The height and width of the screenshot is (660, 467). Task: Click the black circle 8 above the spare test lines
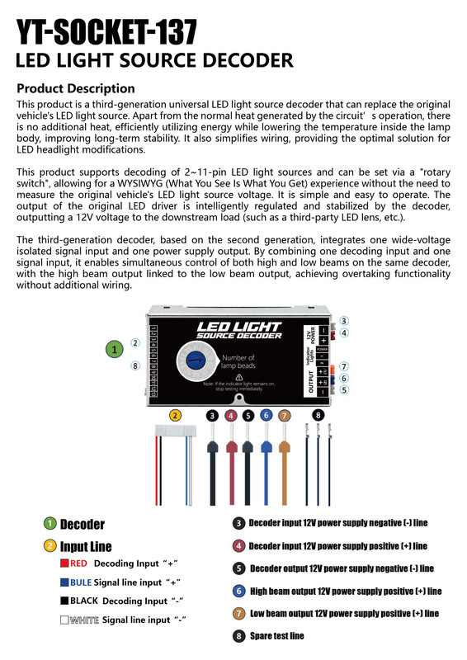[318, 415]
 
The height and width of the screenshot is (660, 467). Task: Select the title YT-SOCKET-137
[107, 33]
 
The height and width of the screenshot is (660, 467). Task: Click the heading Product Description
[76, 88]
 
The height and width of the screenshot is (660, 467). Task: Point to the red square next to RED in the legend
[64, 564]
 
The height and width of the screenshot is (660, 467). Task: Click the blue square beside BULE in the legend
[64, 582]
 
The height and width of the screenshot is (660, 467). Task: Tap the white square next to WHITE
[64, 619]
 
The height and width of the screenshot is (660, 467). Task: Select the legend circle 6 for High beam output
[238, 591]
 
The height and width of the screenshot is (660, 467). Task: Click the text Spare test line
[276, 636]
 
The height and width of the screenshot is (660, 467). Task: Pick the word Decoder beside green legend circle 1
[83, 525]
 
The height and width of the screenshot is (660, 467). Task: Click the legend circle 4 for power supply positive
[238, 546]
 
